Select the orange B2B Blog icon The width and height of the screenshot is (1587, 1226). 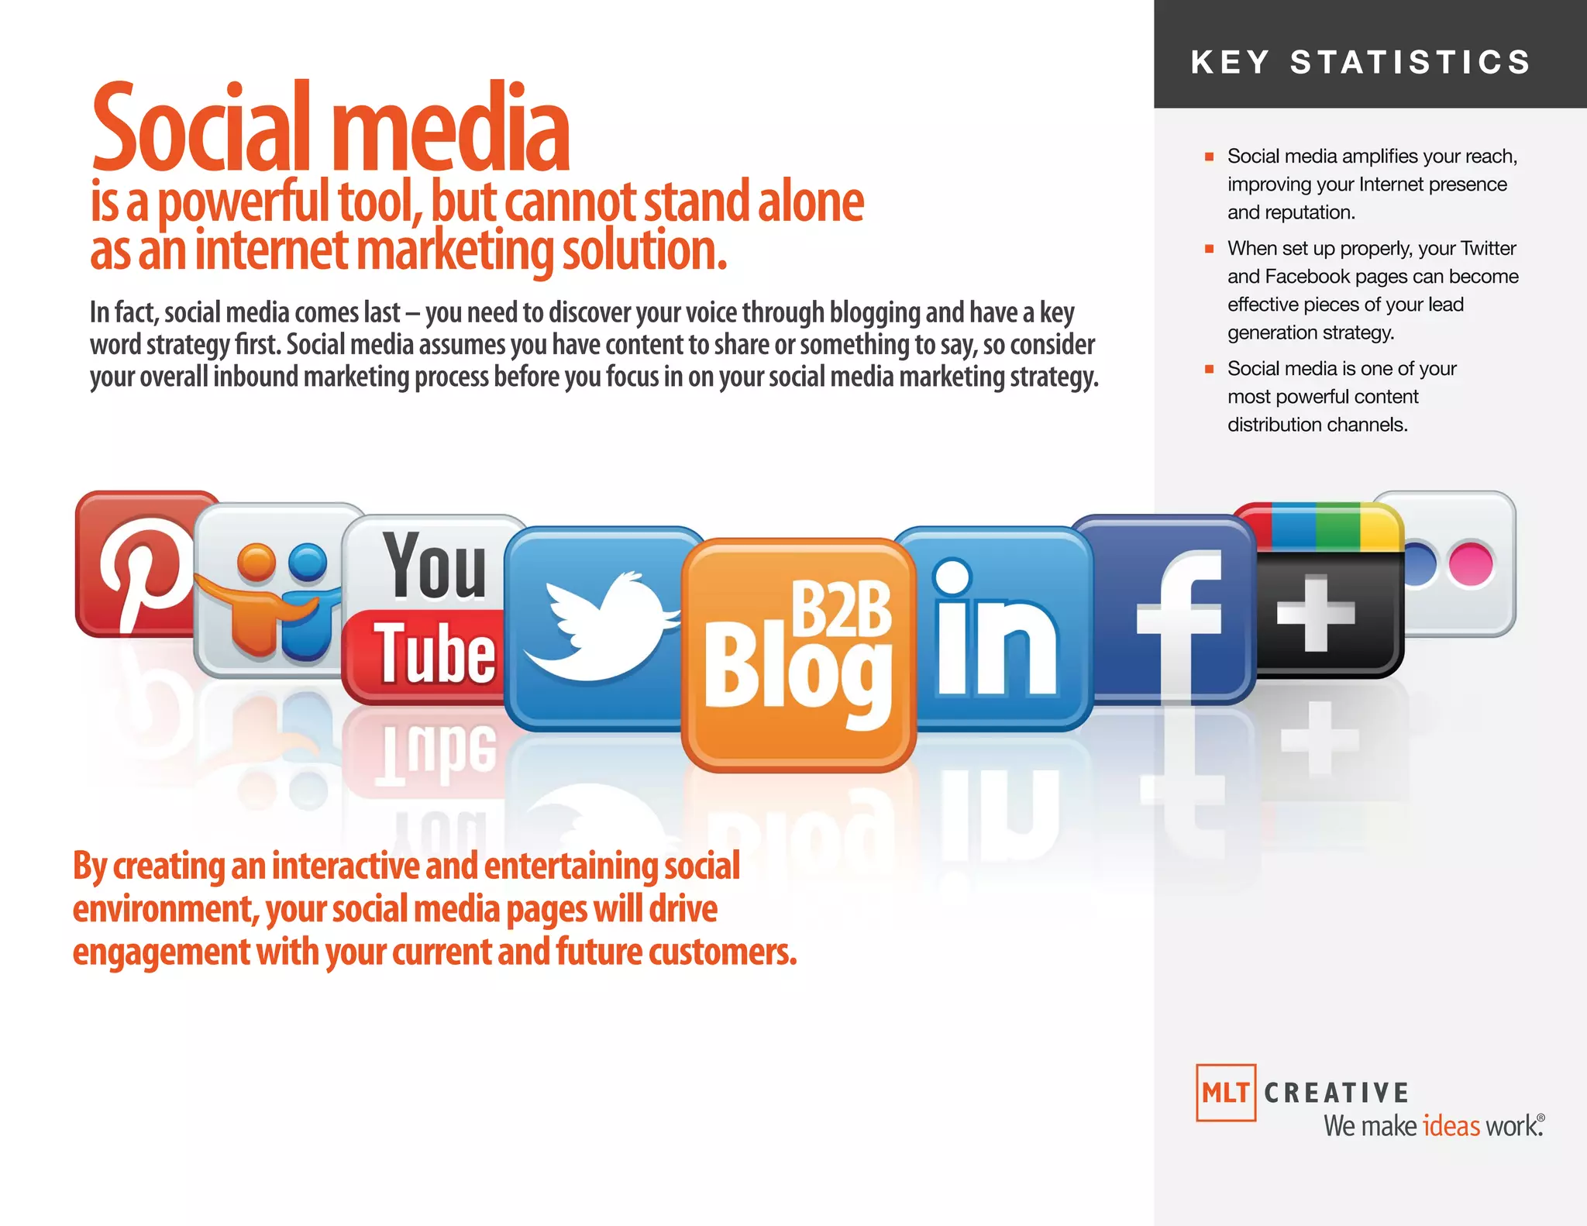798,655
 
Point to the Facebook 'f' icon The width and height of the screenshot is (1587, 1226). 1174,612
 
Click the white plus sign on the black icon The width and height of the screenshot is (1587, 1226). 1315,612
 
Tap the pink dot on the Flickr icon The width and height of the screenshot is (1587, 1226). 1470,563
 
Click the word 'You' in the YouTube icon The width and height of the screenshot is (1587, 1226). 435,566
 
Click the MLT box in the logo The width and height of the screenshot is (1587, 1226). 1225,1093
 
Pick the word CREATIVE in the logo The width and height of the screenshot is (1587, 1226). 1337,1093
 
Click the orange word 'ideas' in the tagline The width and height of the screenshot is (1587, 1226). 1451,1126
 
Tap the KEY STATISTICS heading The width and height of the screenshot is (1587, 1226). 1361,62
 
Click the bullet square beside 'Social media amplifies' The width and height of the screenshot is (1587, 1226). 1209,157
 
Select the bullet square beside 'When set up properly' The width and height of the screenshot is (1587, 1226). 1209,249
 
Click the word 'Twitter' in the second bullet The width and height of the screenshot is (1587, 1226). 1488,249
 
